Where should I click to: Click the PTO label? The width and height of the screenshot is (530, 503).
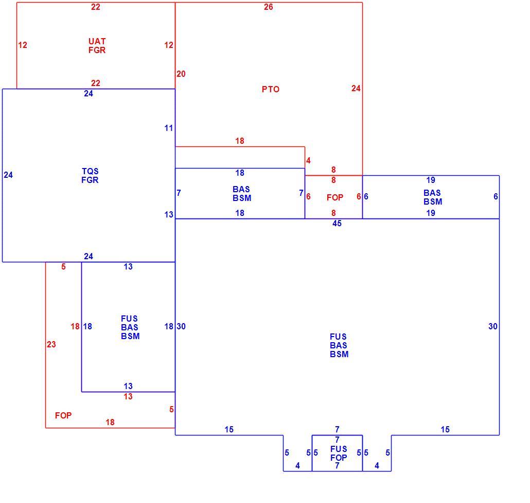pyautogui.click(x=271, y=89)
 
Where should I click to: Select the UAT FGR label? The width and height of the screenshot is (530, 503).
pyautogui.click(x=97, y=46)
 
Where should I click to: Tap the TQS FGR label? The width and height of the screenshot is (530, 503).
pyautogui.click(x=90, y=176)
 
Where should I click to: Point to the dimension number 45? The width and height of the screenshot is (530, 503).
pyautogui.click(x=337, y=223)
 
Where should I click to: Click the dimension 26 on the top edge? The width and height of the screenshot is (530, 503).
pyautogui.click(x=269, y=7)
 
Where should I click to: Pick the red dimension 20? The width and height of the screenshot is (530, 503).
pyautogui.click(x=181, y=74)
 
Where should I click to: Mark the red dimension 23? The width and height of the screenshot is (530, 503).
pyautogui.click(x=51, y=345)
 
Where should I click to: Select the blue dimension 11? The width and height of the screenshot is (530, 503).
pyautogui.click(x=169, y=128)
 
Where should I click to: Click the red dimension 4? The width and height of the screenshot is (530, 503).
pyautogui.click(x=308, y=160)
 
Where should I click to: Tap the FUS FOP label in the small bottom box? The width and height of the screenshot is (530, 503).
pyautogui.click(x=339, y=453)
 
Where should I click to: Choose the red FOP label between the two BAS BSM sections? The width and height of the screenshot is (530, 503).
pyautogui.click(x=335, y=197)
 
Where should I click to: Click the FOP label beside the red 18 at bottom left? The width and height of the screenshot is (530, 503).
pyautogui.click(x=63, y=415)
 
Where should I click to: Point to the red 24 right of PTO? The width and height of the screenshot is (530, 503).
pyautogui.click(x=356, y=88)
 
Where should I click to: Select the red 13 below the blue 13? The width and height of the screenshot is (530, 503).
pyautogui.click(x=128, y=396)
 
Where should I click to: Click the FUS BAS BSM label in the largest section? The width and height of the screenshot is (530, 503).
pyautogui.click(x=339, y=345)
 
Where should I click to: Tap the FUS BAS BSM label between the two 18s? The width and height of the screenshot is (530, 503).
pyautogui.click(x=130, y=327)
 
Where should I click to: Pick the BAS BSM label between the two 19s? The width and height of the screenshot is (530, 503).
pyautogui.click(x=433, y=197)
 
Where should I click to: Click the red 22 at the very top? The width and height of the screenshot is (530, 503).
pyautogui.click(x=96, y=7)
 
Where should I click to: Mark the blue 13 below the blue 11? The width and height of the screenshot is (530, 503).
pyautogui.click(x=169, y=214)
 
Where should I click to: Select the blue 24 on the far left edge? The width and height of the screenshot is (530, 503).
pyautogui.click(x=8, y=175)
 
